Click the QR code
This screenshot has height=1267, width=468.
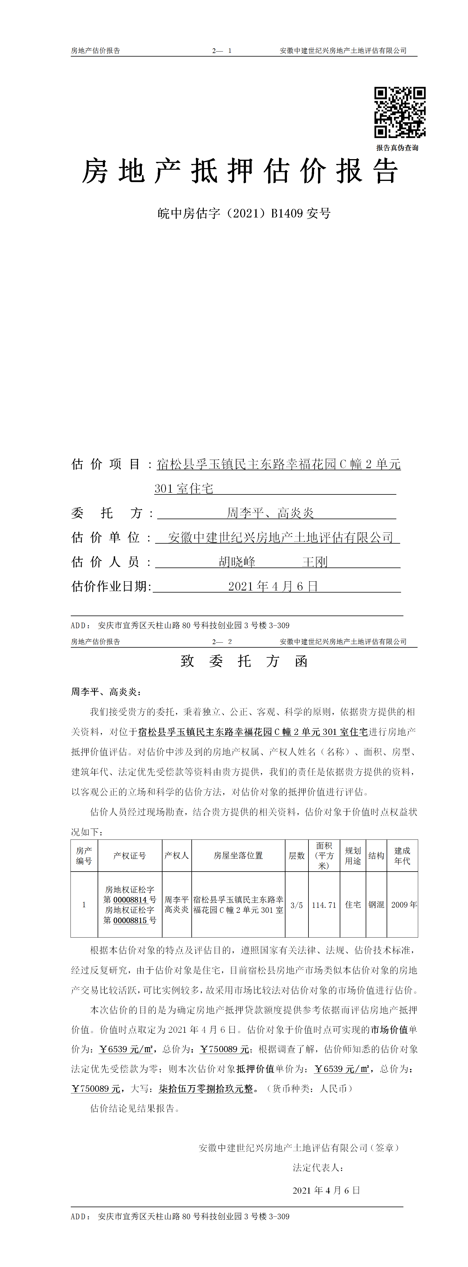pos(400,112)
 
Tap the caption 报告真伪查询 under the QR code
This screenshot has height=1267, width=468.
pos(397,148)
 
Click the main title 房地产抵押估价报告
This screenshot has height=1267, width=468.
pos(240,171)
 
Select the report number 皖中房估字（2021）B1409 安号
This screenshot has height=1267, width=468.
pos(244,213)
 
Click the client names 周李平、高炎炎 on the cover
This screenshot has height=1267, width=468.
pos(270,513)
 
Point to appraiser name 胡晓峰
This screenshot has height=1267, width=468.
pos(237,562)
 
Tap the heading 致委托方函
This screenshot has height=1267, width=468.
pos(244,661)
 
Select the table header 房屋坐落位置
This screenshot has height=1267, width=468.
pos(238,856)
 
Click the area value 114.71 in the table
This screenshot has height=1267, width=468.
pos(324,905)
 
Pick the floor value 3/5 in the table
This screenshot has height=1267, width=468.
pos(296,905)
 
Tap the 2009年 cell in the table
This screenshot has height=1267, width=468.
pos(403,905)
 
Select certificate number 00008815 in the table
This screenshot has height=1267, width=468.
pos(130,920)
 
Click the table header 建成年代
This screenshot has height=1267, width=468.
pos(402,856)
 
